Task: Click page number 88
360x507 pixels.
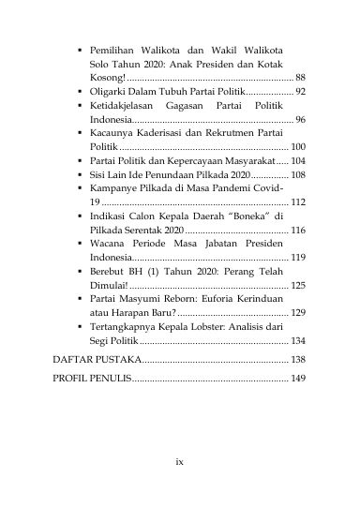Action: point(299,76)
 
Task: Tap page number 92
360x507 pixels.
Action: point(299,92)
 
